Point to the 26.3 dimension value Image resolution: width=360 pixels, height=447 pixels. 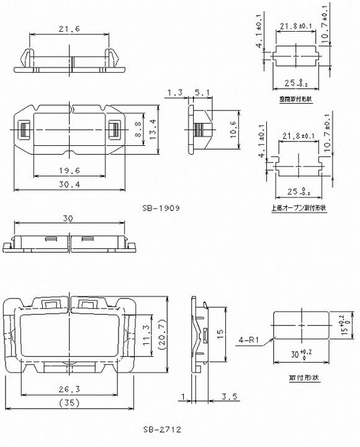click(74, 390)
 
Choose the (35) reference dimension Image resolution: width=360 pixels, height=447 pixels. click(74, 404)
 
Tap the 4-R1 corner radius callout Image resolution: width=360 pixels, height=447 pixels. click(250, 340)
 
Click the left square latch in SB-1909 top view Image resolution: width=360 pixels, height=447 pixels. click(23, 130)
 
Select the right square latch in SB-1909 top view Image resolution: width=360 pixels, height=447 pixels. click(115, 130)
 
